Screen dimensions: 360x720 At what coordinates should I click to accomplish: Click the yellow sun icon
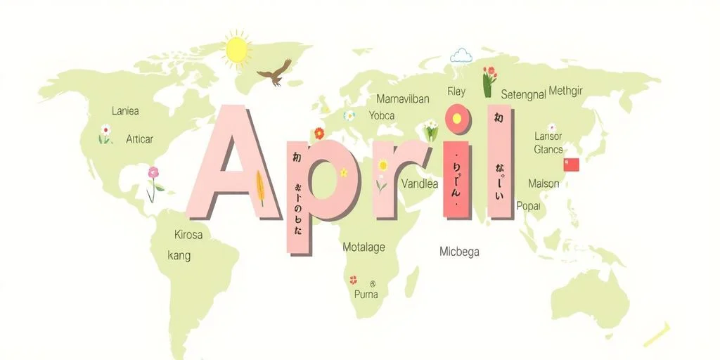click(x=237, y=49)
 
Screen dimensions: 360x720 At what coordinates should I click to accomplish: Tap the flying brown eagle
click(x=274, y=72)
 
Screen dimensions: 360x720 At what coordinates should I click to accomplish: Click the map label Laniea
click(x=125, y=111)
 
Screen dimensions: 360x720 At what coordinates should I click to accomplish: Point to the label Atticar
click(x=139, y=139)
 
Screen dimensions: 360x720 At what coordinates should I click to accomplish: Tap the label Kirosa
click(x=188, y=235)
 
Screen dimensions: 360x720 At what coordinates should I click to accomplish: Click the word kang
click(x=179, y=255)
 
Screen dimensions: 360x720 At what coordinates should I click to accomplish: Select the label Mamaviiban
click(x=402, y=98)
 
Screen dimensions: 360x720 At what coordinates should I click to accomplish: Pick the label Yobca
click(x=381, y=116)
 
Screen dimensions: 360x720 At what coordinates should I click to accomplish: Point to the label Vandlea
click(x=419, y=184)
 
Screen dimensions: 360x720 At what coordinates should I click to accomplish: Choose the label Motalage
click(x=364, y=247)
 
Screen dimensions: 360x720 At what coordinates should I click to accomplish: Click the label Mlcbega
click(x=459, y=252)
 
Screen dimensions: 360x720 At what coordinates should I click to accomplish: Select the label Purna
click(x=366, y=294)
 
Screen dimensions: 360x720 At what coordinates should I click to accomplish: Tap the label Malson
click(x=544, y=184)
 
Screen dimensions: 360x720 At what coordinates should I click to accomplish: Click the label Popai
click(x=528, y=206)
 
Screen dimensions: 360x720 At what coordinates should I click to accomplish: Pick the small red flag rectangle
click(x=571, y=165)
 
